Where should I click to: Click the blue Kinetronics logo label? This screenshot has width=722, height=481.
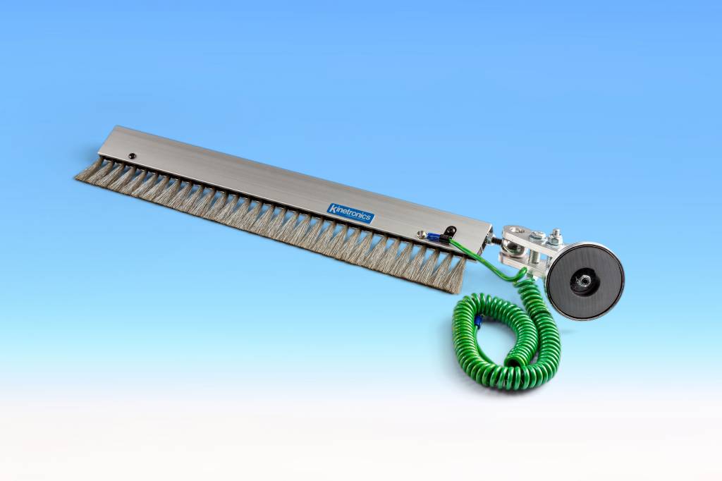point(350,213)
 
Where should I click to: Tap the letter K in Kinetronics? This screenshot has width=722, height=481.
point(331,208)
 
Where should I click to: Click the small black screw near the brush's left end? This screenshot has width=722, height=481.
point(132,156)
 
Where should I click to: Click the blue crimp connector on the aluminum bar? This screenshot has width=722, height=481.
point(434,237)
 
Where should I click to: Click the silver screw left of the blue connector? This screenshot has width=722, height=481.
point(421,235)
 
